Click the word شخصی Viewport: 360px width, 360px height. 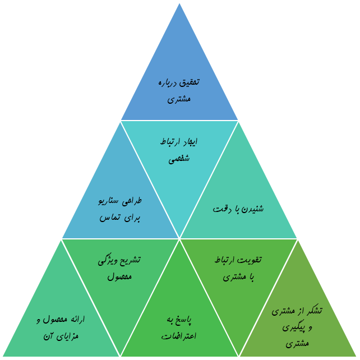(179, 158)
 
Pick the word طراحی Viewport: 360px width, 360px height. (132, 201)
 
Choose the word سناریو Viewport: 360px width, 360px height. (108, 201)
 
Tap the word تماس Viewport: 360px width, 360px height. (110, 218)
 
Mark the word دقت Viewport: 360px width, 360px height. (220, 209)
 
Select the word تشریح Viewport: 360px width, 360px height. (130, 260)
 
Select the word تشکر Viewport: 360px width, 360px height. (327, 311)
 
